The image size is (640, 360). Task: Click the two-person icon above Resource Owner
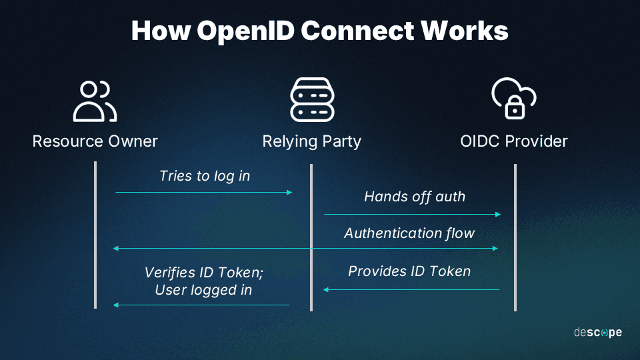95,101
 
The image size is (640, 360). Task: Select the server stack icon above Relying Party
311,101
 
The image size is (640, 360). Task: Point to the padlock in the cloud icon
515,107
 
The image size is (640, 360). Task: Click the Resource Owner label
95,141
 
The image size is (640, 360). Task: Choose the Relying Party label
311,141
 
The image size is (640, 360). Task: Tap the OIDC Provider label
514,141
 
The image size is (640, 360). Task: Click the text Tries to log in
205,176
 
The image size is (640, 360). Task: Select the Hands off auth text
415,197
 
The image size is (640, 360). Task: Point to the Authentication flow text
409,233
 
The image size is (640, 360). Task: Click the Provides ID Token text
409,271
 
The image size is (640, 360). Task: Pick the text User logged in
203,290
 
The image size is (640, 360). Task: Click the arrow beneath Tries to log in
203,192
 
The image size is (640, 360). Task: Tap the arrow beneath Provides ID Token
411,289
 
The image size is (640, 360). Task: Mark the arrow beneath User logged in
201,305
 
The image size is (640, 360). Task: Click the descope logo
597,332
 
